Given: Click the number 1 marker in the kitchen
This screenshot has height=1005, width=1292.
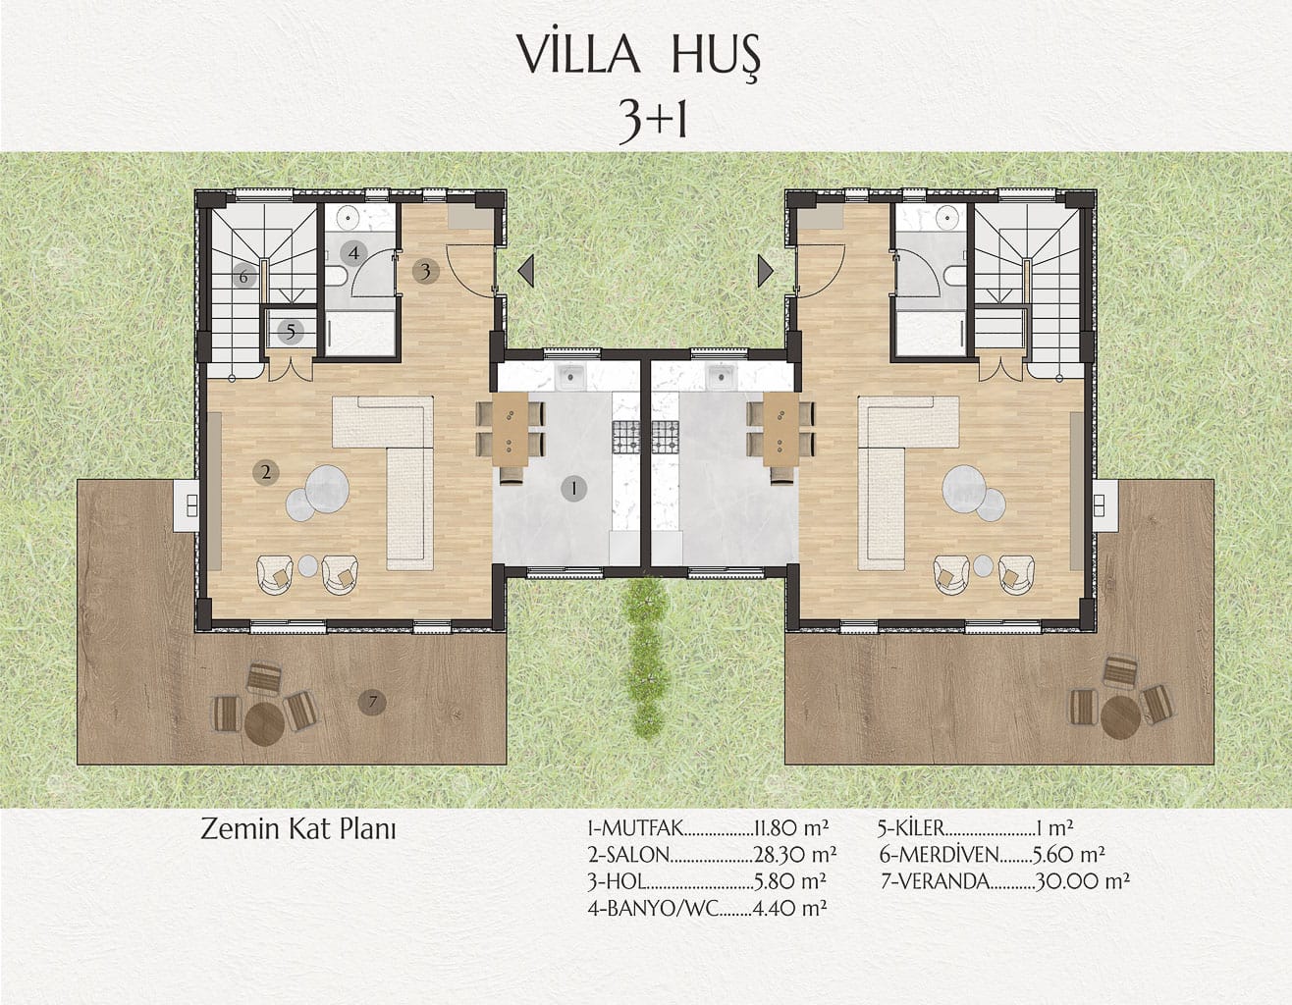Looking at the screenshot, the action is click(573, 489).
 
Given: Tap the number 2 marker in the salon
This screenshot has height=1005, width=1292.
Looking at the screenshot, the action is click(266, 472).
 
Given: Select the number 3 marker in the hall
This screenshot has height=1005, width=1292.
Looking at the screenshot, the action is click(426, 271).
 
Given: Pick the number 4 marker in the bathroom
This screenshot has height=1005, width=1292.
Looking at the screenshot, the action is click(353, 254).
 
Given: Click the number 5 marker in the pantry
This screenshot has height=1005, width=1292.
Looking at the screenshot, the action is click(291, 332).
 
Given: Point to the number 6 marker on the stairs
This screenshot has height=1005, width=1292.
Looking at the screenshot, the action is click(243, 277).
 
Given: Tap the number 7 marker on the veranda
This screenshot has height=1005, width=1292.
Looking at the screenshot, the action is click(372, 702).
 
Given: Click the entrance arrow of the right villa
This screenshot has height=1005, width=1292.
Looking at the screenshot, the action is click(765, 271).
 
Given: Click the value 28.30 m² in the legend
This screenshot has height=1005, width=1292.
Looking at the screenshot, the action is click(795, 855).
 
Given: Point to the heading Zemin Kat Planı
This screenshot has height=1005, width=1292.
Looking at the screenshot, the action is click(297, 829).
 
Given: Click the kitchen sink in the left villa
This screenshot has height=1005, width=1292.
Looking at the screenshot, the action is click(570, 376).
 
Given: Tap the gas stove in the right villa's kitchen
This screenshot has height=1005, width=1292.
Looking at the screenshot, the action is click(666, 438).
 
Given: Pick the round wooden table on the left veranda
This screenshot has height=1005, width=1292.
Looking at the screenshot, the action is click(264, 724).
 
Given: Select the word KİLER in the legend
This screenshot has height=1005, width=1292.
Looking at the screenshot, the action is click(916, 828).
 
